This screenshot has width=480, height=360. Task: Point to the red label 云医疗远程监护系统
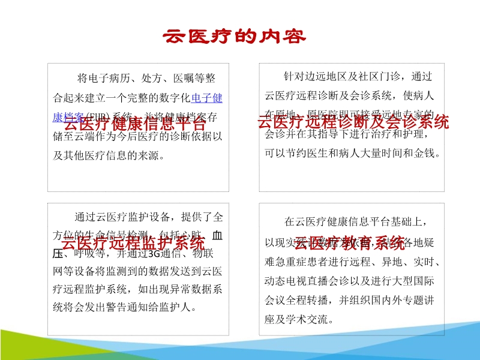coord(133,243)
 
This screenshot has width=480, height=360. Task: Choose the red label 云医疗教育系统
coord(349,243)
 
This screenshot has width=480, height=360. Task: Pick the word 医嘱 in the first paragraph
coord(184,78)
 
